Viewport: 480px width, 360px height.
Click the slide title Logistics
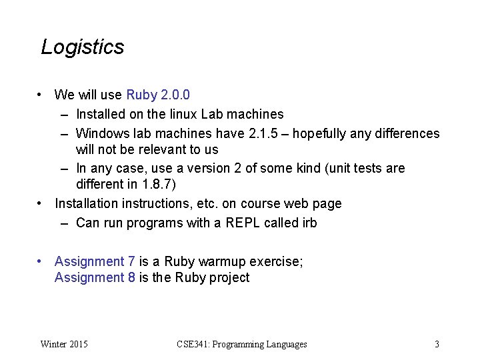pos(82,47)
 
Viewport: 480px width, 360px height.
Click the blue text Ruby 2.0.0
pos(162,95)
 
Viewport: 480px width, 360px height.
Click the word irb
pos(309,223)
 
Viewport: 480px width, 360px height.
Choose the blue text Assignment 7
pos(95,261)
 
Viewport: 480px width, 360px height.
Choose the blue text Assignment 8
pos(95,277)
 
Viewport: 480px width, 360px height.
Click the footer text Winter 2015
pos(64,344)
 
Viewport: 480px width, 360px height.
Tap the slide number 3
pos(437,344)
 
